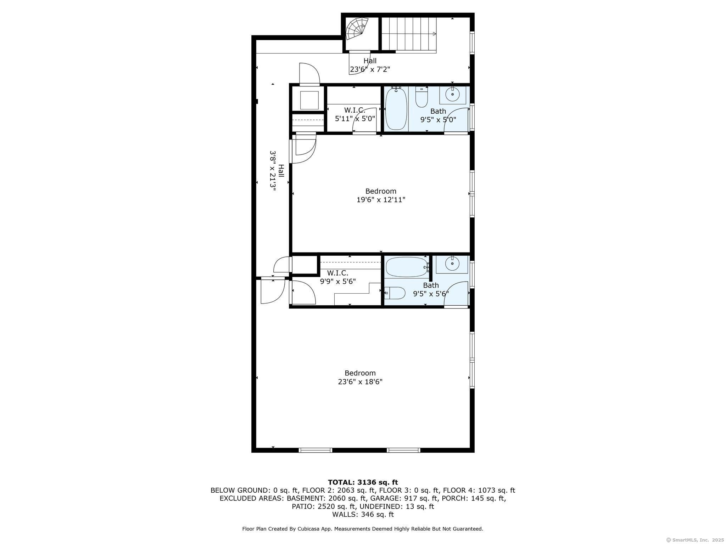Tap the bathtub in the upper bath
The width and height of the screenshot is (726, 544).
pos(396,109)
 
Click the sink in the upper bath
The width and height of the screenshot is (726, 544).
pos(452,95)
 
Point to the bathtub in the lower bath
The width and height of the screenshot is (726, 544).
pos(407,267)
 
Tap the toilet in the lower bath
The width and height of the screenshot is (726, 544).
pos(395,293)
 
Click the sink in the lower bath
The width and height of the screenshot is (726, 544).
pos(452,264)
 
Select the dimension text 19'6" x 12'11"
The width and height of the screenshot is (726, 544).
pos(381,200)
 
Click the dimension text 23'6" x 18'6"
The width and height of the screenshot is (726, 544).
pos(360,382)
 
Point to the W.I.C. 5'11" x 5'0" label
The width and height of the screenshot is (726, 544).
pos(355,115)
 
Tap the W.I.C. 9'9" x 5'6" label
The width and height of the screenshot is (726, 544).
pos(337,277)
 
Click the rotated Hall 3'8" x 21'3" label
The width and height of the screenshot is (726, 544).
pos(277,171)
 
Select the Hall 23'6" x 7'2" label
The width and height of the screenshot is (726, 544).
pos(370,65)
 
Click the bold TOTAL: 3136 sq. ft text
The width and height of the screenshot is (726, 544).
pos(363,482)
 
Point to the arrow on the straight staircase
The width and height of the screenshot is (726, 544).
pos(434,34)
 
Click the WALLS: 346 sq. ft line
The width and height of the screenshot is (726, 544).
pos(363,514)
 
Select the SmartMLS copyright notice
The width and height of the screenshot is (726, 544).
pos(694,540)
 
